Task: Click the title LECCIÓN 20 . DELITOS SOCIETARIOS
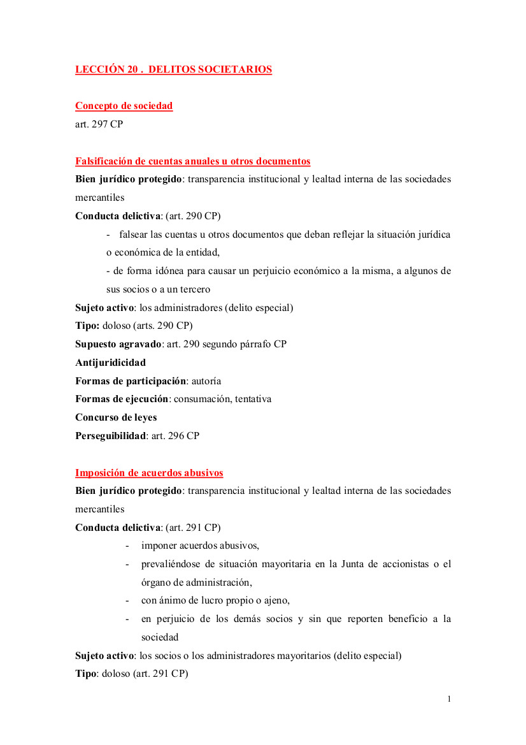[x=173, y=69]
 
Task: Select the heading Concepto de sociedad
[x=124, y=106]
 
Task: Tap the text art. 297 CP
[x=99, y=124]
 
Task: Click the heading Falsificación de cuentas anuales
[x=192, y=161]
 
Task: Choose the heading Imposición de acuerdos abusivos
[x=149, y=473]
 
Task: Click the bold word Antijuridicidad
[x=110, y=363]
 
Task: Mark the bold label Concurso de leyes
[x=116, y=417]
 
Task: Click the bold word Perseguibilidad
[x=110, y=436]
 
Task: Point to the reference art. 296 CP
[x=175, y=436]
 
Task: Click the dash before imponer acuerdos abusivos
[x=127, y=546]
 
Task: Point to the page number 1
[x=449, y=699]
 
